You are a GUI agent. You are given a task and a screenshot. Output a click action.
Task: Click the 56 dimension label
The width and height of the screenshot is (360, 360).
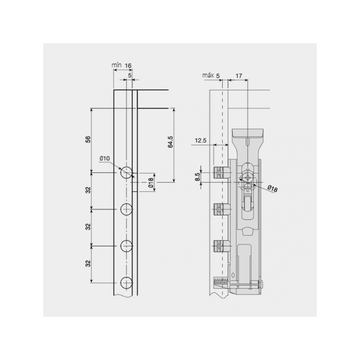88,139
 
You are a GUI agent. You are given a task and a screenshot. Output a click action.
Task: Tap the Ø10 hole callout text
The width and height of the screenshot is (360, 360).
105,158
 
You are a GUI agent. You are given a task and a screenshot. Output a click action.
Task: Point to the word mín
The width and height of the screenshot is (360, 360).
117,65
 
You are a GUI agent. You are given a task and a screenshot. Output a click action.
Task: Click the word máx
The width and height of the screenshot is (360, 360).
208,75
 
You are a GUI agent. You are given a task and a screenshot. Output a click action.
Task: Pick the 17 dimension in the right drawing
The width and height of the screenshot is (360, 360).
239,76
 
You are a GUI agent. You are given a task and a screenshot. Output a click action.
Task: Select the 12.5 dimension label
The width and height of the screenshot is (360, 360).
201,140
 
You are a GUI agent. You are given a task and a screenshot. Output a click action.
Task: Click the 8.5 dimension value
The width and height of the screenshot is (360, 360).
198,177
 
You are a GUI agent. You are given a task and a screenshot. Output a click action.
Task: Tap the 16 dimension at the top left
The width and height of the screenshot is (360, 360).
128,65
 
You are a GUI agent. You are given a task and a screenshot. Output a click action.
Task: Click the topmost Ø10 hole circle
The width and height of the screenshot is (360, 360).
126,172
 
